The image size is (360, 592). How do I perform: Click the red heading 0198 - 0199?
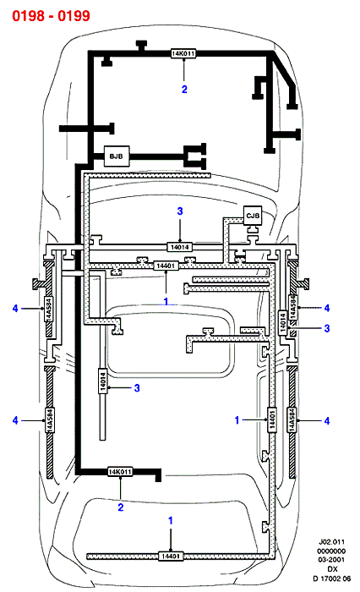[51, 16]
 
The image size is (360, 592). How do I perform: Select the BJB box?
[117, 156]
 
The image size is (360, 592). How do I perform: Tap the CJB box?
[253, 216]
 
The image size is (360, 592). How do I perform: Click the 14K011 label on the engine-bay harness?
[183, 53]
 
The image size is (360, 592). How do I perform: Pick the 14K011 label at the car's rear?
[120, 472]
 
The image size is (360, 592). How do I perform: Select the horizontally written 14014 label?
[180, 247]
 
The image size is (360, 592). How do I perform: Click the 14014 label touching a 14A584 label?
[283, 322]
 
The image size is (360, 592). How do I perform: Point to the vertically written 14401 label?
[272, 419]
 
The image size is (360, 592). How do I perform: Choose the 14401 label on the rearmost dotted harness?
[171, 556]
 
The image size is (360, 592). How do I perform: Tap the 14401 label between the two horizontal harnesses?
[166, 266]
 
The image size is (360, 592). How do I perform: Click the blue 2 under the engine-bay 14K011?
[184, 90]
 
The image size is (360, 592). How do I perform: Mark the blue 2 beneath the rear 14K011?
[120, 507]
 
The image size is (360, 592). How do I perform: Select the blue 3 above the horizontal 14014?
[180, 211]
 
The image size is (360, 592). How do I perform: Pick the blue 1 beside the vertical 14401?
[237, 419]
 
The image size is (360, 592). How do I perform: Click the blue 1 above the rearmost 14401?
[171, 521]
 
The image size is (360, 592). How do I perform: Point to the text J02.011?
[331, 542]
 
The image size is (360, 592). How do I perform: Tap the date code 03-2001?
[331, 560]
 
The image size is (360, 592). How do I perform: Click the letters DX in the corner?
[332, 569]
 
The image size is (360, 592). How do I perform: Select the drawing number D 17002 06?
[331, 578]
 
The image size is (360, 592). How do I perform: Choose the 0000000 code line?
[331, 551]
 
